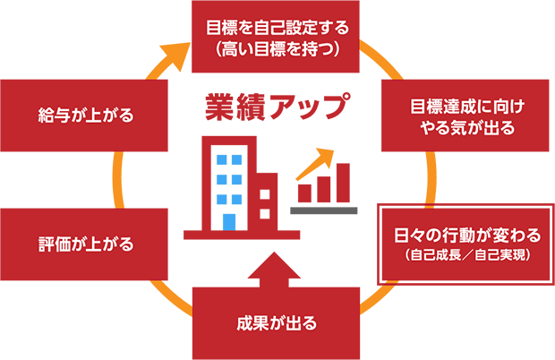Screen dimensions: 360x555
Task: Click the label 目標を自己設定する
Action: click(x=277, y=26)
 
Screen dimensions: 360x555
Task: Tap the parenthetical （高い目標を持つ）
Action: click(x=277, y=49)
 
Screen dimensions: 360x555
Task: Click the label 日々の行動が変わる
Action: click(x=467, y=236)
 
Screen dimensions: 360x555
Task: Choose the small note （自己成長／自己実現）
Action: click(x=467, y=256)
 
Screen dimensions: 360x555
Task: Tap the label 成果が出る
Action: click(x=277, y=322)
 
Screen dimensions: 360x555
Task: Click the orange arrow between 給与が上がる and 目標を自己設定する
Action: click(x=166, y=49)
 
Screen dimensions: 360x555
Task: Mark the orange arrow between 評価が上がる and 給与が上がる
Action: click(x=115, y=177)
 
